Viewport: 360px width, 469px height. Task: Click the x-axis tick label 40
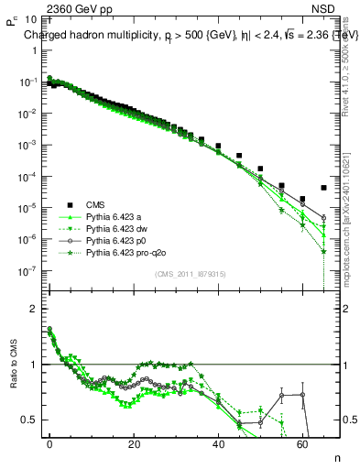coord(219,442)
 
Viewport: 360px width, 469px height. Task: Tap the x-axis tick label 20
coord(134,442)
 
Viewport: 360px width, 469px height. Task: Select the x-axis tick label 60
coord(303,442)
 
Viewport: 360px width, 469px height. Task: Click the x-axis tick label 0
coord(49,442)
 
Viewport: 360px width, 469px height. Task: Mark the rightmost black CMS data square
coord(324,188)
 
